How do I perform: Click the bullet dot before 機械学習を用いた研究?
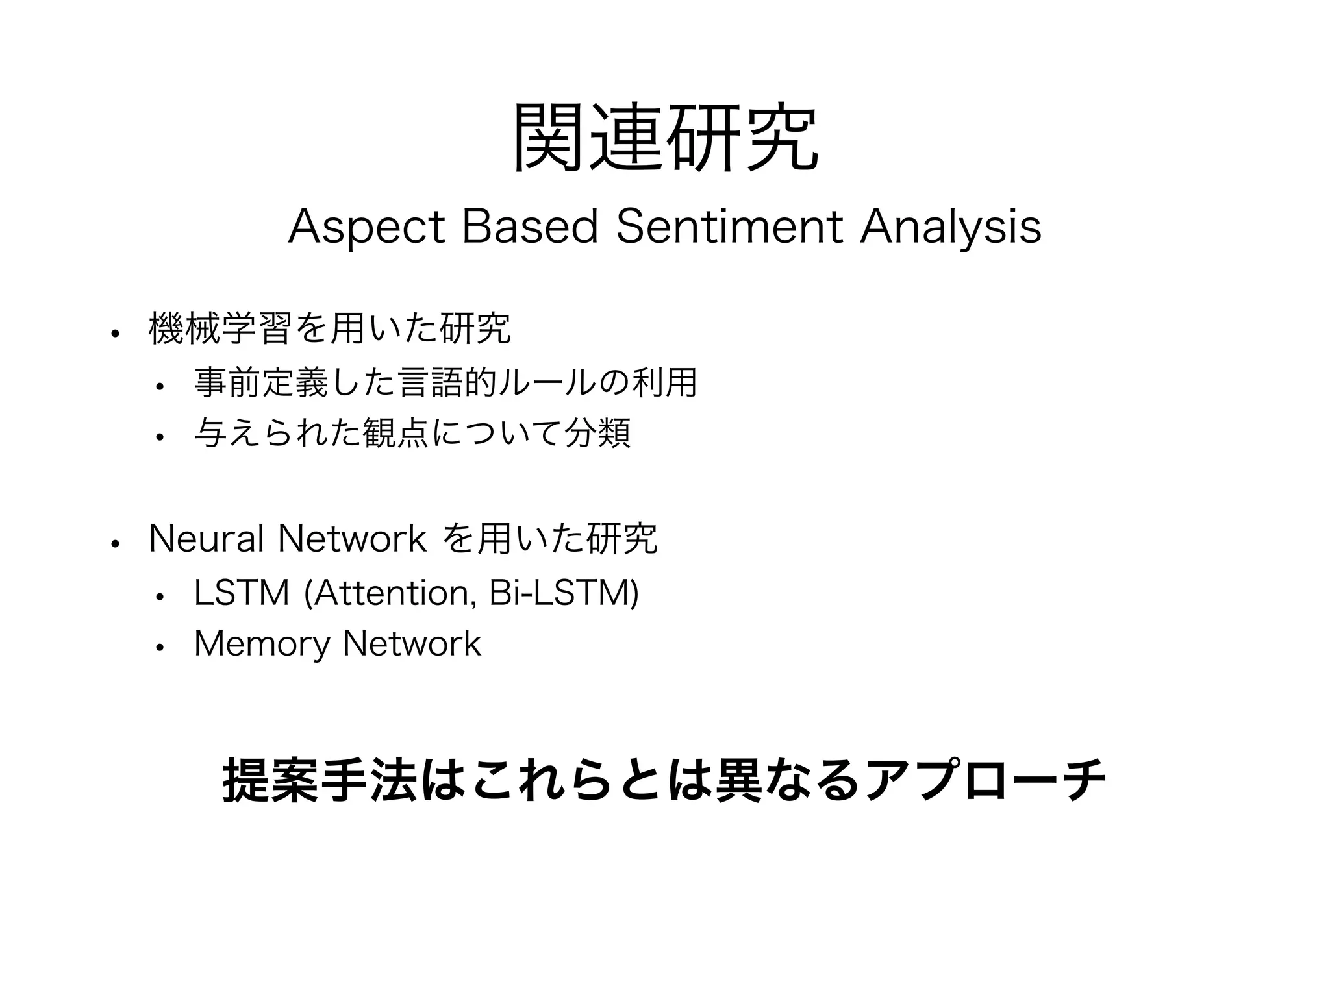point(115,334)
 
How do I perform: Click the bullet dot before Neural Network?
point(115,544)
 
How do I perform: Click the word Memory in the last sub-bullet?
point(262,644)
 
